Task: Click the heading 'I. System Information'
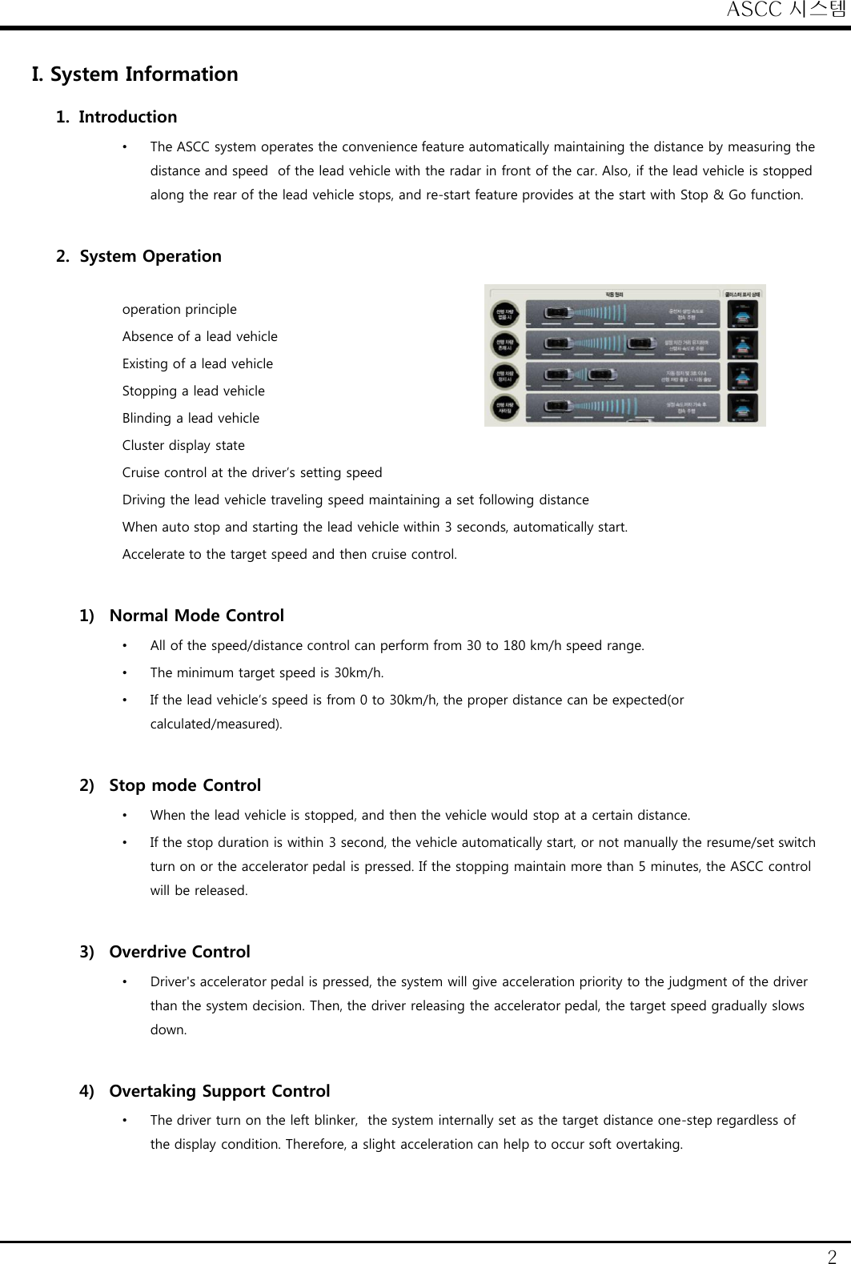(x=134, y=74)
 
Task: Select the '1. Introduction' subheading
(x=117, y=117)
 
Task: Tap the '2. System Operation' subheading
(x=138, y=256)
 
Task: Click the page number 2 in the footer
(x=833, y=1255)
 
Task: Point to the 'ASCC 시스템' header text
(x=786, y=10)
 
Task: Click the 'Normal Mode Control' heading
(x=196, y=616)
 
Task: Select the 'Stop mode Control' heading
(x=185, y=785)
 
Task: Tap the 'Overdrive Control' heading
(x=179, y=952)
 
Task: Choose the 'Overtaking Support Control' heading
(x=219, y=1091)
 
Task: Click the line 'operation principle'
(x=179, y=309)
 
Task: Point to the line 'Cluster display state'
(x=183, y=445)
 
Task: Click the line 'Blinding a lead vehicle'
(x=191, y=418)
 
